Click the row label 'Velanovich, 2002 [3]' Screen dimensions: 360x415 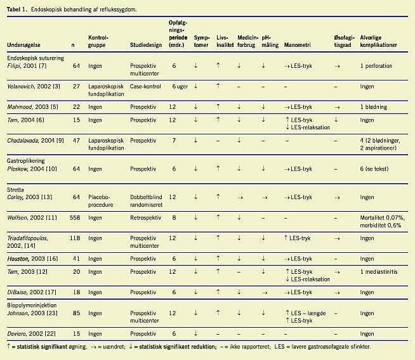[33, 86]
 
